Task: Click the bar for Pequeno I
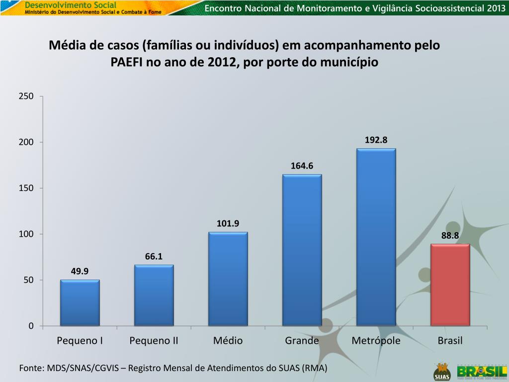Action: point(80,303)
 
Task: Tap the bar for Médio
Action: point(228,279)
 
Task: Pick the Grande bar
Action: point(302,250)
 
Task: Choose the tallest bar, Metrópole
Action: point(376,237)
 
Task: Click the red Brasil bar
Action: point(450,285)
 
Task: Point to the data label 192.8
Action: point(376,140)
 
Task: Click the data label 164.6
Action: point(302,166)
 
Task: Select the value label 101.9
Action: point(228,223)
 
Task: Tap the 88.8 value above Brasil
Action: point(450,236)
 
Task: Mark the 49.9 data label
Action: point(80,271)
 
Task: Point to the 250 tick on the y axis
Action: point(26,96)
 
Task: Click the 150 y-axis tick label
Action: point(26,188)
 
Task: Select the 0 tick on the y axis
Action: point(31,326)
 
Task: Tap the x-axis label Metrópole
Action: point(376,341)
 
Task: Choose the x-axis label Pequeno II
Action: point(154,341)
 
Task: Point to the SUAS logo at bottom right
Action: point(441,372)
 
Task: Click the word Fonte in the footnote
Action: point(30,368)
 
